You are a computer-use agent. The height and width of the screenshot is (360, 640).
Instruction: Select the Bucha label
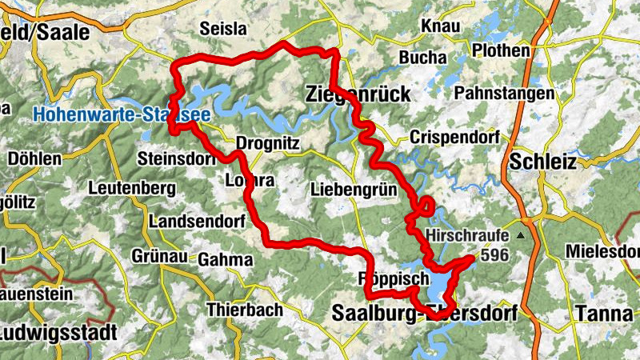[x=417, y=59]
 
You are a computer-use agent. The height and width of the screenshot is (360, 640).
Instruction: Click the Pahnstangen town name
[x=504, y=94]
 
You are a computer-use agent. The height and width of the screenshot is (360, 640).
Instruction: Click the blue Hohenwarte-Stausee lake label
[x=122, y=115]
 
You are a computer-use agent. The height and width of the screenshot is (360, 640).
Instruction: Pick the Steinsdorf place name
[x=177, y=158]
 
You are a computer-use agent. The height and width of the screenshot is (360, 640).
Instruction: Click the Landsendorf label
[x=190, y=220]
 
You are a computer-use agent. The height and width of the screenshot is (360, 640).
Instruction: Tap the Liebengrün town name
[x=349, y=190]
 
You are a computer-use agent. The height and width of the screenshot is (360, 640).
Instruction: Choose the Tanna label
[x=604, y=313]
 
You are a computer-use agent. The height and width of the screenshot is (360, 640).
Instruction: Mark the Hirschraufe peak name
[x=470, y=237]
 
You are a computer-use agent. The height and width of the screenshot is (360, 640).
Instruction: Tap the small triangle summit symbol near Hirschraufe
[x=522, y=236]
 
